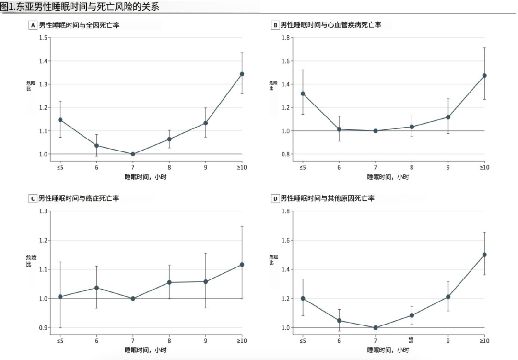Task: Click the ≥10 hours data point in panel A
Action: [242, 74]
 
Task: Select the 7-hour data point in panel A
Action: [133, 154]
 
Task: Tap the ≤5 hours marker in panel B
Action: [303, 93]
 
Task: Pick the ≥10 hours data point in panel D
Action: [484, 255]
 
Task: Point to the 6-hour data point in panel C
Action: [96, 288]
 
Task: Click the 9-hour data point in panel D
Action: [448, 297]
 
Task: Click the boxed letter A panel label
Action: [33, 25]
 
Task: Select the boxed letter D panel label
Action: [275, 198]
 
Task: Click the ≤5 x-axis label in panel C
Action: [60, 340]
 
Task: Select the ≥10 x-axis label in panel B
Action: [484, 167]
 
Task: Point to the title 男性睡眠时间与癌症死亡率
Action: [79, 198]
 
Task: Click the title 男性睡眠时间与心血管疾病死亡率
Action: [331, 25]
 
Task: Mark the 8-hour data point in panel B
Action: [412, 127]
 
